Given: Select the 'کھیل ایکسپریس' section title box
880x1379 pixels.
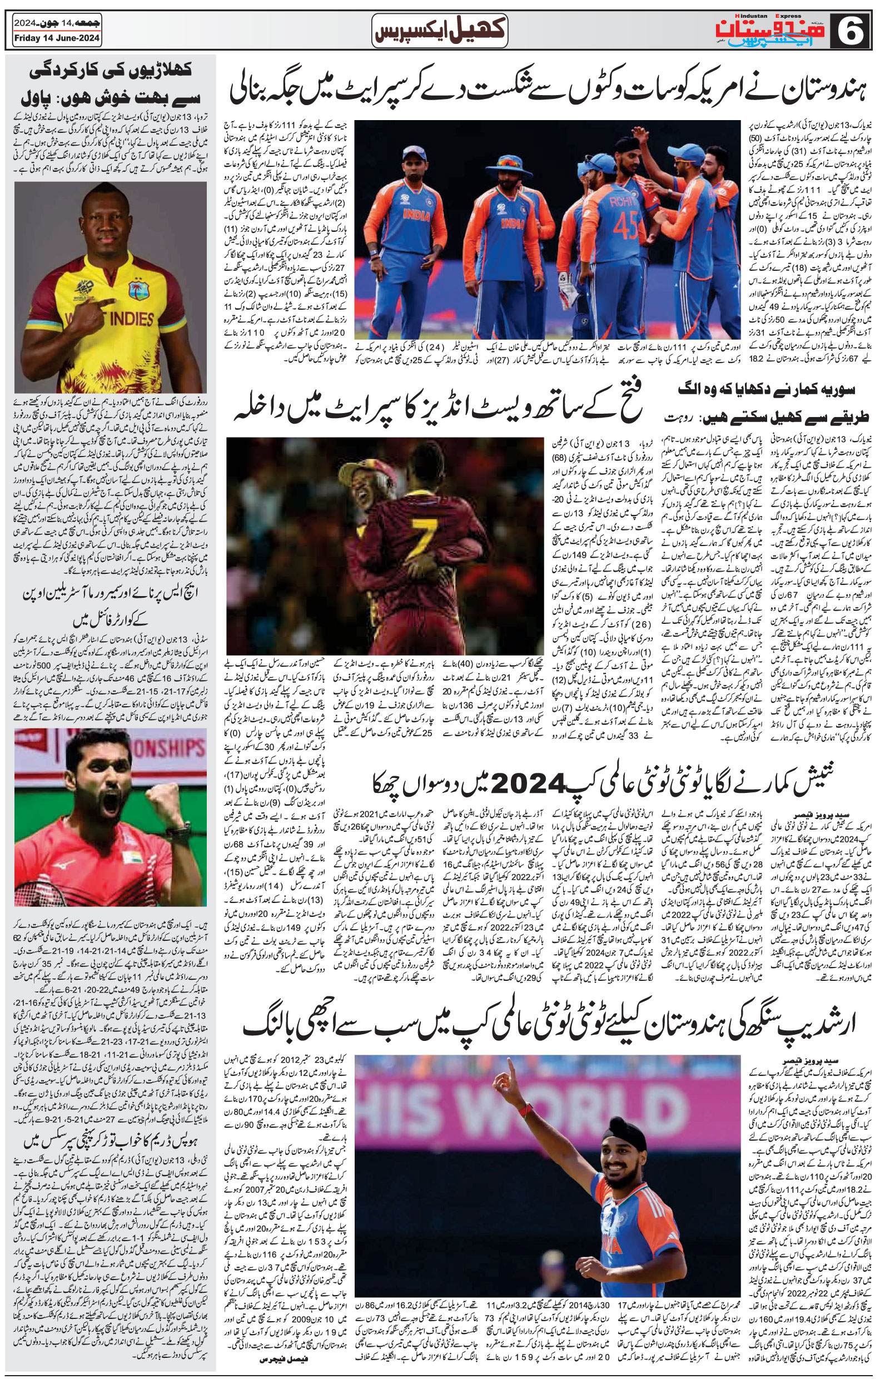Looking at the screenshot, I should [x=439, y=31].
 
